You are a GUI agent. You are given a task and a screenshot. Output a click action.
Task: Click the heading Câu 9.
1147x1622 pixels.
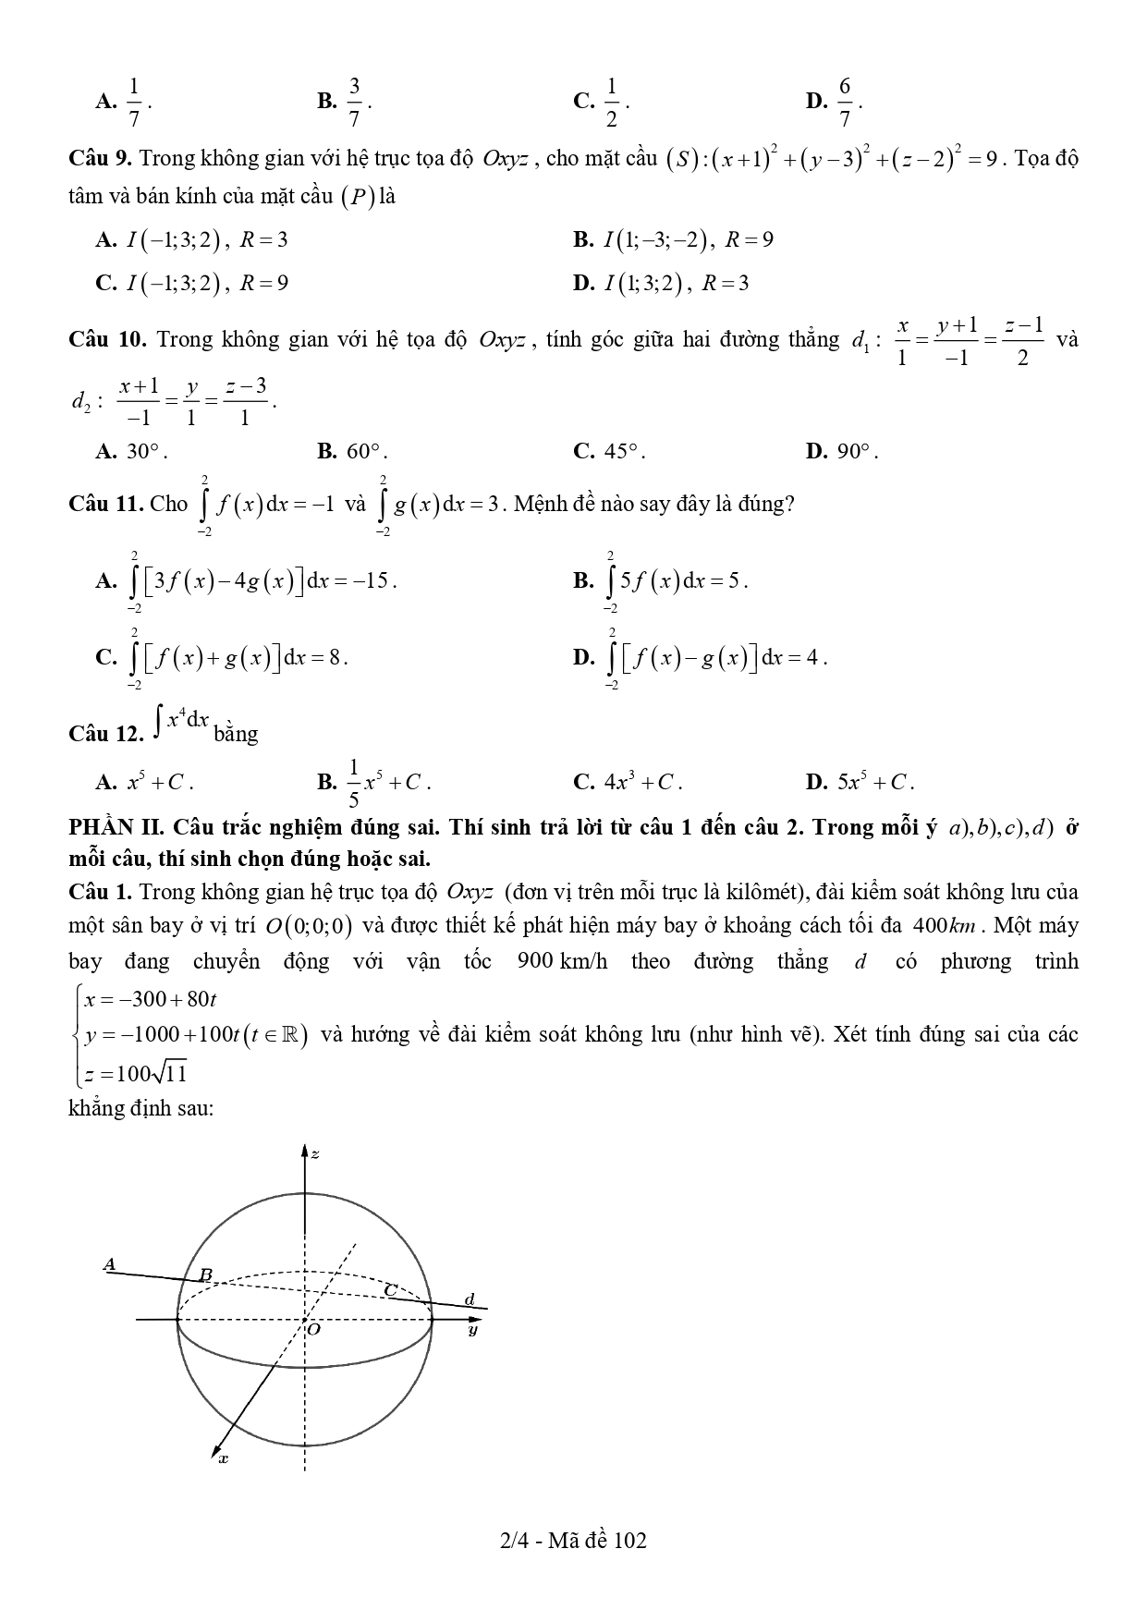[x=102, y=158]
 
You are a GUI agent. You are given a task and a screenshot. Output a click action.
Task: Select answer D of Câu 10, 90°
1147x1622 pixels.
[x=841, y=452]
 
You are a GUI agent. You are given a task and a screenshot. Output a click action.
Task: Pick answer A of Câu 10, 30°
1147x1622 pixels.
[x=131, y=452]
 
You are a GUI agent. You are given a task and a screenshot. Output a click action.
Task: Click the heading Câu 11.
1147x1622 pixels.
[x=106, y=504]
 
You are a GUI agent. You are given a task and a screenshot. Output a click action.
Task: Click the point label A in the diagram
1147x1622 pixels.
[x=109, y=1263]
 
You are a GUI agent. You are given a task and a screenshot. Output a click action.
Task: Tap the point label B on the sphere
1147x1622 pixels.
[x=206, y=1274]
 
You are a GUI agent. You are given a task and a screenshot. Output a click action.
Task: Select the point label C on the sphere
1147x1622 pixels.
[x=391, y=1288]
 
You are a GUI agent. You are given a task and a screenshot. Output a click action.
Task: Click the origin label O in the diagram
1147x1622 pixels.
[x=314, y=1329]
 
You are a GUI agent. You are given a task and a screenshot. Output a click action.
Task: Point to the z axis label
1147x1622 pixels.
[x=315, y=1153]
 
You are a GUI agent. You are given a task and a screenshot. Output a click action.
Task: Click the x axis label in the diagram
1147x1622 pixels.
[x=223, y=1458]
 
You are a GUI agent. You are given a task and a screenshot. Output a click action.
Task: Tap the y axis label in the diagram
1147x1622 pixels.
[x=472, y=1330]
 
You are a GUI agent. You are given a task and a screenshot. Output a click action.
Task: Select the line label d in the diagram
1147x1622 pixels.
[x=470, y=1299]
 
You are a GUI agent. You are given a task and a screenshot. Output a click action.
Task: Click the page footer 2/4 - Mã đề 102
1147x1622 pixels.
[x=573, y=1540]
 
